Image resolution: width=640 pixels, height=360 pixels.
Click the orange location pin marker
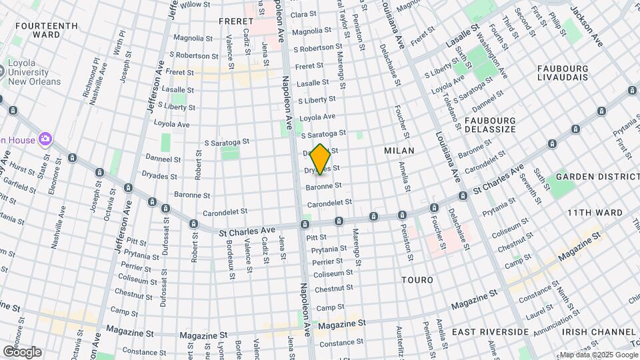320,159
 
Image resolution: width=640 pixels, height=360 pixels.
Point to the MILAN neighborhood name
399,151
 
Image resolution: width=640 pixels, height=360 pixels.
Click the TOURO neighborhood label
418,280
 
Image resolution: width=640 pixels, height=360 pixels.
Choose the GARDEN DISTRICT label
597,177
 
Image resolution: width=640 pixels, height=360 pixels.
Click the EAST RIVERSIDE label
490,331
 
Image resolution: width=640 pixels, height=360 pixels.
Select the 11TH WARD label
595,213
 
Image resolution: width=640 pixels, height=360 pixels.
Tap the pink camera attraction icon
46,139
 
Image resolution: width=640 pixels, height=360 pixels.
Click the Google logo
21,351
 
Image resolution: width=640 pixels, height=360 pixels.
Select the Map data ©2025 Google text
598,355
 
